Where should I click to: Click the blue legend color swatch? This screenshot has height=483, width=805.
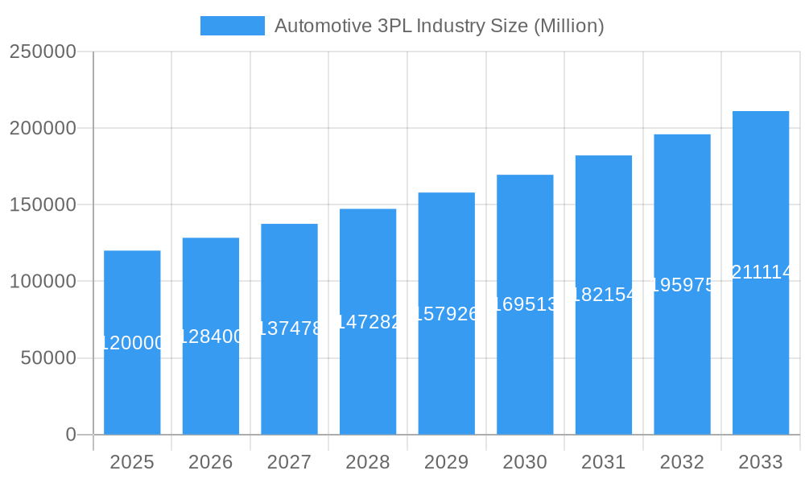coord(232,26)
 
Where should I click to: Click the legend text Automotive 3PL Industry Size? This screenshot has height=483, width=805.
coord(439,26)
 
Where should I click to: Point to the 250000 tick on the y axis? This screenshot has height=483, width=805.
coord(43,52)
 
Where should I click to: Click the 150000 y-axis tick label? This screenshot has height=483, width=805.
coord(43,204)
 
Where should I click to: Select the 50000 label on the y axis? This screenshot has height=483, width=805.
coord(48,358)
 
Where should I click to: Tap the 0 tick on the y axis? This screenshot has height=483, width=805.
coord(71,435)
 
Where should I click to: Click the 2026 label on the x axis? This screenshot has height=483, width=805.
coord(211,462)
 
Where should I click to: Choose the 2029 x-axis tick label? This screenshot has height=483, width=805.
coord(446,462)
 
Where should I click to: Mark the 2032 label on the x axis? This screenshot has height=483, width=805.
coord(682,462)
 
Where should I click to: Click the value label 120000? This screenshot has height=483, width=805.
coord(132,343)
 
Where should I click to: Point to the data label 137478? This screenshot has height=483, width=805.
coord(289,328)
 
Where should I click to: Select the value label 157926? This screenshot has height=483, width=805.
coord(446,313)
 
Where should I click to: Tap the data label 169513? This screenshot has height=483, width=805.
coord(525,304)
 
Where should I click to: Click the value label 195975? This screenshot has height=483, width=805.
coord(682,285)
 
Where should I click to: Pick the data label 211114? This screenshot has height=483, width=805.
coord(761,273)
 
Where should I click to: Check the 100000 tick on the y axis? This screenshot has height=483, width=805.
coord(43,282)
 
